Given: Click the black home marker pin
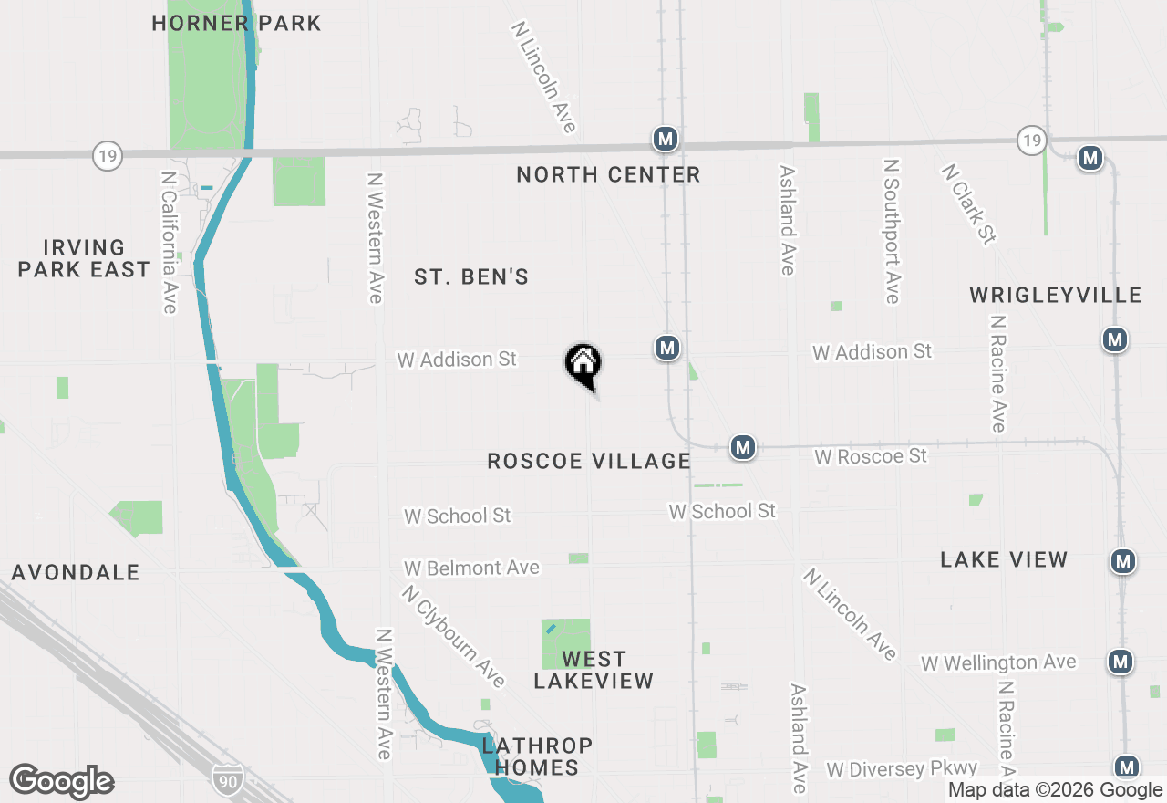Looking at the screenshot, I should (583, 364).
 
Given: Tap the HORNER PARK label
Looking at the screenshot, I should (236, 23).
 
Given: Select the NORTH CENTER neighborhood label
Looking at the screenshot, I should (608, 174).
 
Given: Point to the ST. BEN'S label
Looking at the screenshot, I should (471, 276).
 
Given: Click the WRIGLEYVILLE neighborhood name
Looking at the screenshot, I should (1056, 295).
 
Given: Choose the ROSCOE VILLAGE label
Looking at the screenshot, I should (589, 461).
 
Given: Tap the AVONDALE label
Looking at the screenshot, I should (76, 572).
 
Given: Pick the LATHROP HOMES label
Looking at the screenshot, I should (537, 756).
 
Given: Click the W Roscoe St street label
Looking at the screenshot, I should (871, 455).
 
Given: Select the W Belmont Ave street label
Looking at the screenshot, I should (471, 568).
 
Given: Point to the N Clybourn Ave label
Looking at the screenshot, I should (452, 636).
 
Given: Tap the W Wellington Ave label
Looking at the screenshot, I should (998, 662).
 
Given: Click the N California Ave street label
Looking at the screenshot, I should (168, 242).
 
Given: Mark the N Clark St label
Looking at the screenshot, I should (969, 204).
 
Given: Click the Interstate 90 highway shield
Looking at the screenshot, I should (227, 778).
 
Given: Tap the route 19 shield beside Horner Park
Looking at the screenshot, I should (108, 156).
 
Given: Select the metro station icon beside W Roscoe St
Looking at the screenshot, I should (743, 447).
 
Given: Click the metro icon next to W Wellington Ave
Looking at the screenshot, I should (1121, 662).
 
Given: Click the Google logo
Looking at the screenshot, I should (62, 781).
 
